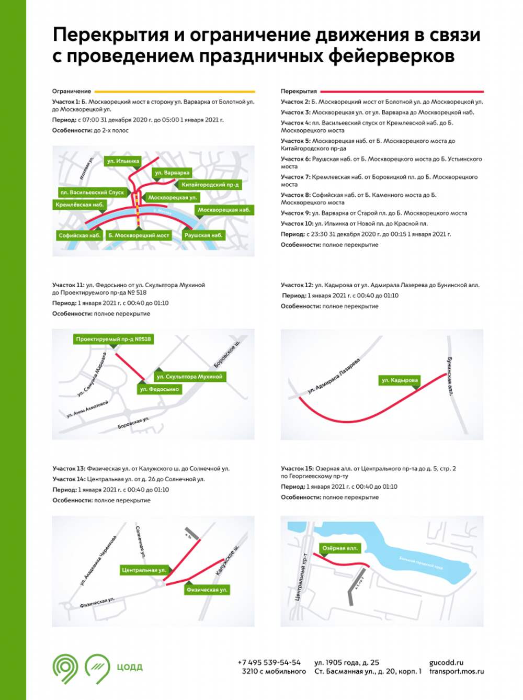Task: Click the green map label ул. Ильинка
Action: point(123,161)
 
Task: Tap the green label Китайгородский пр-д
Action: point(210,185)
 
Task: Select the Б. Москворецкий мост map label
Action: point(139,235)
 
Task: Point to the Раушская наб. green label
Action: point(203,235)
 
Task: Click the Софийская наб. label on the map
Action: point(79,235)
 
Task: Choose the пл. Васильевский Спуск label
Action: point(92,193)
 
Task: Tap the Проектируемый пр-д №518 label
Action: point(113,339)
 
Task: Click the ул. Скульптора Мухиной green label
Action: point(189,376)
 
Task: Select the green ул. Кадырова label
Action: point(400,380)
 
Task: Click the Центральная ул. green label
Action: point(143,570)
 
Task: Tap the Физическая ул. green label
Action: point(207,590)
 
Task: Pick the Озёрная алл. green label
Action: point(340,548)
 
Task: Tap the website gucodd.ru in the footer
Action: point(446,662)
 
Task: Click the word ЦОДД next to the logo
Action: point(129,667)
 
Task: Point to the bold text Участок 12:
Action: point(296,285)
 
